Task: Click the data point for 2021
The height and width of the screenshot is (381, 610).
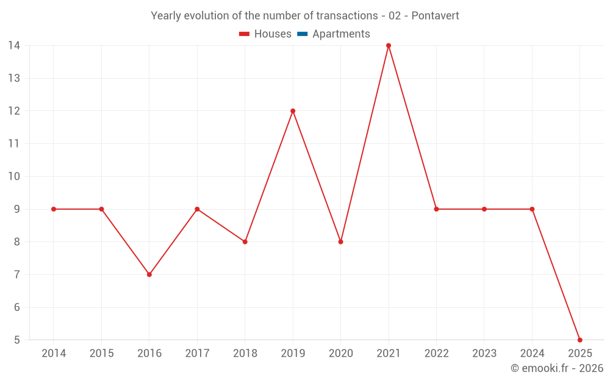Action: tap(389, 46)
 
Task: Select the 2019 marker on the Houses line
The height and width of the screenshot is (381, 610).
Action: tap(293, 111)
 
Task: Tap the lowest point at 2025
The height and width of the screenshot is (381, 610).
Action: tap(579, 340)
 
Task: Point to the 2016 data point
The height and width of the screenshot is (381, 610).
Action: tap(149, 274)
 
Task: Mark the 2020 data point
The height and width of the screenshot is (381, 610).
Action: tap(340, 242)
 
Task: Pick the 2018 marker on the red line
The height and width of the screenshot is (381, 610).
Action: tap(245, 242)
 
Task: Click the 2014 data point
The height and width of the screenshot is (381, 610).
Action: tap(54, 209)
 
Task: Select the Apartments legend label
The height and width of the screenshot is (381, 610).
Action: tap(341, 34)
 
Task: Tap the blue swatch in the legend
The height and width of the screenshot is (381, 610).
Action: tap(302, 34)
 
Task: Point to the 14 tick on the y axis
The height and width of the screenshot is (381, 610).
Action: tap(14, 46)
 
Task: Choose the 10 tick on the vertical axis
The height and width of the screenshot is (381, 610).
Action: tap(14, 177)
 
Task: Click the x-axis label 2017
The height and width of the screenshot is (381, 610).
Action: tap(197, 354)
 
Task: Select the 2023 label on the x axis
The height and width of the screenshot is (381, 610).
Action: tap(484, 354)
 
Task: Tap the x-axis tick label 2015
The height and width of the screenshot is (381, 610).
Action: tap(101, 354)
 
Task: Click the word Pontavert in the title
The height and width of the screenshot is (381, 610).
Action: tap(435, 16)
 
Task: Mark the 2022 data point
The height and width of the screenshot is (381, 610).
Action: tap(436, 209)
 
